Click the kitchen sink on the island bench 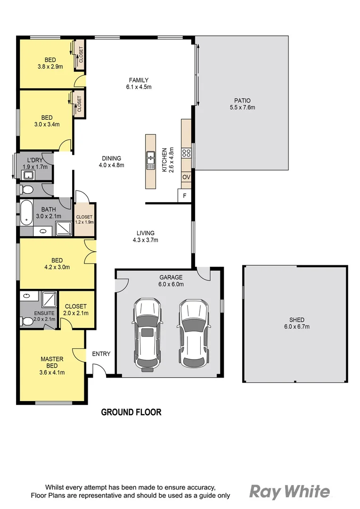click(151, 160)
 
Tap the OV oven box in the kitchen click(186, 177)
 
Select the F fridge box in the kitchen click(184, 196)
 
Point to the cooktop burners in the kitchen click(186, 152)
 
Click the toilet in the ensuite click(26, 321)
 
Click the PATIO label click(242, 100)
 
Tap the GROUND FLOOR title click(131, 412)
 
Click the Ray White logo click(289, 492)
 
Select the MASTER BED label click(52, 362)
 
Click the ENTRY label click(101, 354)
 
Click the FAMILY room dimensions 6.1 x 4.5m click(139, 87)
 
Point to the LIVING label click(145, 233)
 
